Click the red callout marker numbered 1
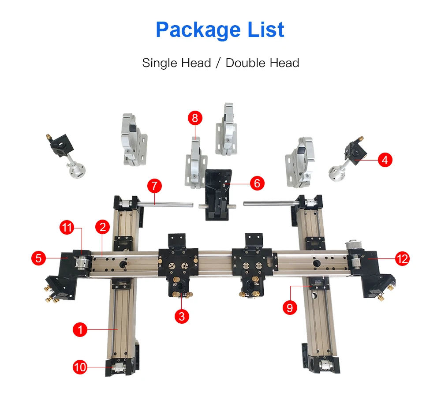[x=80, y=329]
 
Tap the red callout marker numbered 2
[x=102, y=227]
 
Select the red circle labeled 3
[x=182, y=316]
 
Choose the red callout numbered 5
[x=39, y=258]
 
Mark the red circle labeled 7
[x=154, y=186]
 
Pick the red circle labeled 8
[x=195, y=118]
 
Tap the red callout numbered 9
[x=289, y=308]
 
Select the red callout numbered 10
[x=80, y=367]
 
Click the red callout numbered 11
[x=67, y=228]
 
